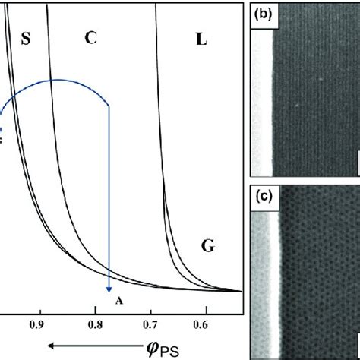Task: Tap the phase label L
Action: coord(201,39)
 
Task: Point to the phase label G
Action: coord(207,245)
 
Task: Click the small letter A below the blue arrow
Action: coord(118,301)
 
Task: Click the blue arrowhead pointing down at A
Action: coord(111,287)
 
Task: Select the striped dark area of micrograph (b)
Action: coord(315,91)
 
